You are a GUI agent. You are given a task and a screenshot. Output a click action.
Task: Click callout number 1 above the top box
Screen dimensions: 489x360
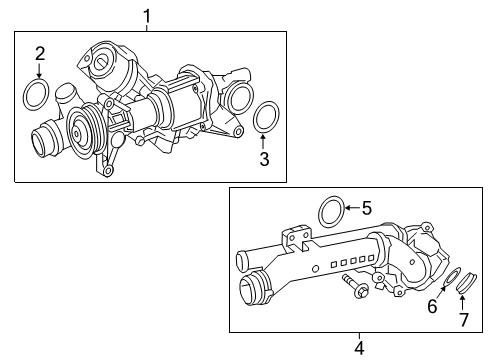147,16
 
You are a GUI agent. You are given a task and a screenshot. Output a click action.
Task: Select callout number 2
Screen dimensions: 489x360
40,54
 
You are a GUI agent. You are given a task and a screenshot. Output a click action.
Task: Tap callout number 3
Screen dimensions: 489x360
264,159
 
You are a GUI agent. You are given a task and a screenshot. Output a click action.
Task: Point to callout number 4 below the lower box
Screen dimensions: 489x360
359,348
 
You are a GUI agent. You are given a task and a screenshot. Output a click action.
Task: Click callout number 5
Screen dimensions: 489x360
367,208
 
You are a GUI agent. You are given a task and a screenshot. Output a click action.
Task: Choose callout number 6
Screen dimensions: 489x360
432,306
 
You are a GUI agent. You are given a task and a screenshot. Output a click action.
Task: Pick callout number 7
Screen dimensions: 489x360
464,320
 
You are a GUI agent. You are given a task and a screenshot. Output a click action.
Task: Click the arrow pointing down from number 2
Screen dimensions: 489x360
39,71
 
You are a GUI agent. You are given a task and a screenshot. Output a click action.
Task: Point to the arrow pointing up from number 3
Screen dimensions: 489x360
263,142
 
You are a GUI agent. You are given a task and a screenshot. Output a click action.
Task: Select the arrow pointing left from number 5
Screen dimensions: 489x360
352,208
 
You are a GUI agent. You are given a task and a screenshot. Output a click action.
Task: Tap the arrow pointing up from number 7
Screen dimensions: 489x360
462,302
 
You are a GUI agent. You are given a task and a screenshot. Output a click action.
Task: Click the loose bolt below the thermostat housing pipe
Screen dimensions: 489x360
355,286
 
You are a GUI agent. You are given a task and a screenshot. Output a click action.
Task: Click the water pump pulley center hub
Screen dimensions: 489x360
77,134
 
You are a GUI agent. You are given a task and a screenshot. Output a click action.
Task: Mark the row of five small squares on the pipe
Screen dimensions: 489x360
352,261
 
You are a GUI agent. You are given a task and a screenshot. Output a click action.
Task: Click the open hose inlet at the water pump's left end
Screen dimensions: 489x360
38,143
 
